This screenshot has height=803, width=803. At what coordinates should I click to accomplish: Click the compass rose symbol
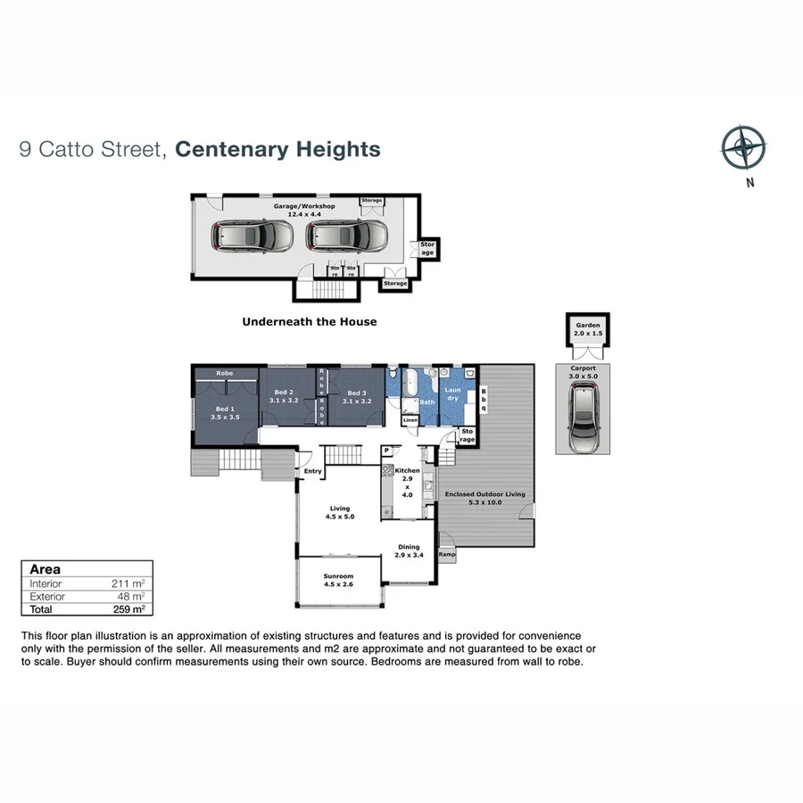click(x=743, y=148)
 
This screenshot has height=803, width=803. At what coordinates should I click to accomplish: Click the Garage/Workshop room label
click(x=304, y=210)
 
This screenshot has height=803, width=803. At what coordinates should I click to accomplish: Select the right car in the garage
click(x=347, y=236)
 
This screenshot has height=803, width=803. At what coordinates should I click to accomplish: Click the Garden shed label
click(x=588, y=329)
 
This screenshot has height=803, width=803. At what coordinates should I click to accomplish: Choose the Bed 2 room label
click(x=284, y=396)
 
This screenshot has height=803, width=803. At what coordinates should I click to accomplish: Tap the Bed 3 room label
click(x=357, y=396)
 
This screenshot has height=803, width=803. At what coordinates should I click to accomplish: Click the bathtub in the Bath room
click(x=410, y=385)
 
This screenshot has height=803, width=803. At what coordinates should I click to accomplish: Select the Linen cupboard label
click(x=410, y=419)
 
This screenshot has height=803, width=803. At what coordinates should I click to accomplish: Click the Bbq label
click(x=484, y=400)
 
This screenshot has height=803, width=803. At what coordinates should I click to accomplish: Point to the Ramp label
click(x=446, y=554)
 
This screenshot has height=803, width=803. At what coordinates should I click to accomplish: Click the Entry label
click(x=312, y=471)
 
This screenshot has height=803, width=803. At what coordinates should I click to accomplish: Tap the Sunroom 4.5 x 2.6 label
click(x=338, y=581)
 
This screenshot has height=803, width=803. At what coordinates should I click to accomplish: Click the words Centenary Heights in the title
click(x=277, y=149)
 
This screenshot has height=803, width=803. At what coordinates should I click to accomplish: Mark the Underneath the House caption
click(x=310, y=321)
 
